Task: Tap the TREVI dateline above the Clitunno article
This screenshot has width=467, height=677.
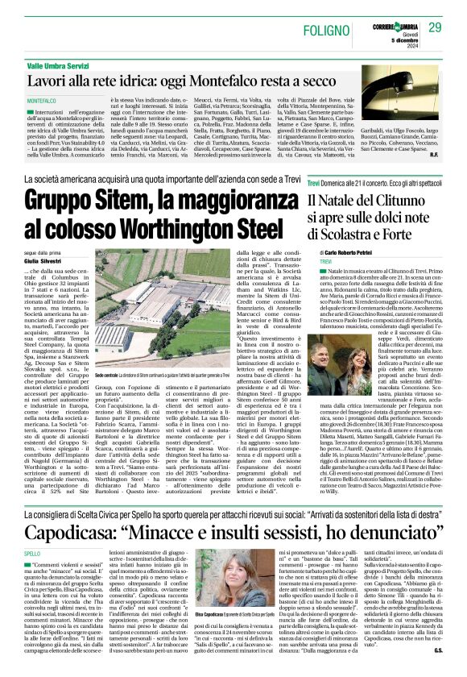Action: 325,263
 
